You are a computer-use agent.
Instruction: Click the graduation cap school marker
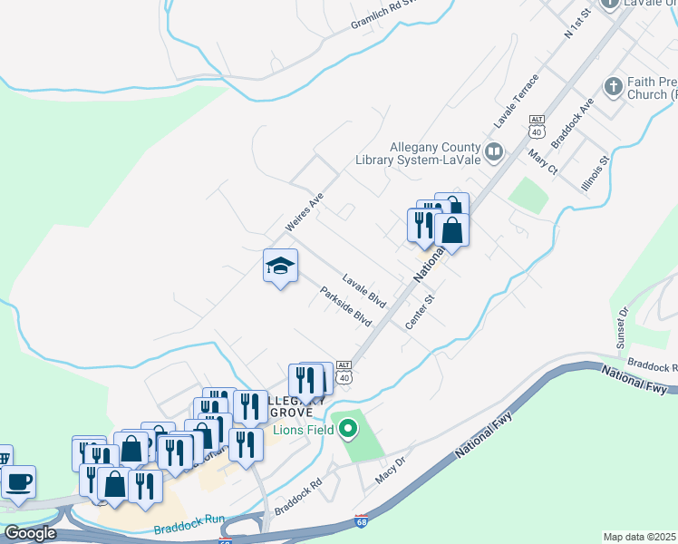pyautogui.click(x=280, y=267)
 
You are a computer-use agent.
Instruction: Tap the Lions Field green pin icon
pyautogui.click(x=345, y=430)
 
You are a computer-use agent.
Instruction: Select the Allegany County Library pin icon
pyautogui.click(x=494, y=151)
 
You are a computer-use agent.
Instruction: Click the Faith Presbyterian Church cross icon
pyautogui.click(x=614, y=87)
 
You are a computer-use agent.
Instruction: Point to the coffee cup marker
pyautogui.click(x=18, y=481)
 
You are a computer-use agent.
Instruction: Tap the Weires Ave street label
pyautogui.click(x=305, y=209)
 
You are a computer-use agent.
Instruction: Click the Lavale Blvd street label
pyautogui.click(x=364, y=290)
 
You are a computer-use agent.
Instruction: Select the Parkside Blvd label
pyautogui.click(x=346, y=307)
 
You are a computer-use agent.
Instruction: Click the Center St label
pyautogui.click(x=421, y=311)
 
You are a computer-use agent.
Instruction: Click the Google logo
pyautogui.click(x=30, y=533)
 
